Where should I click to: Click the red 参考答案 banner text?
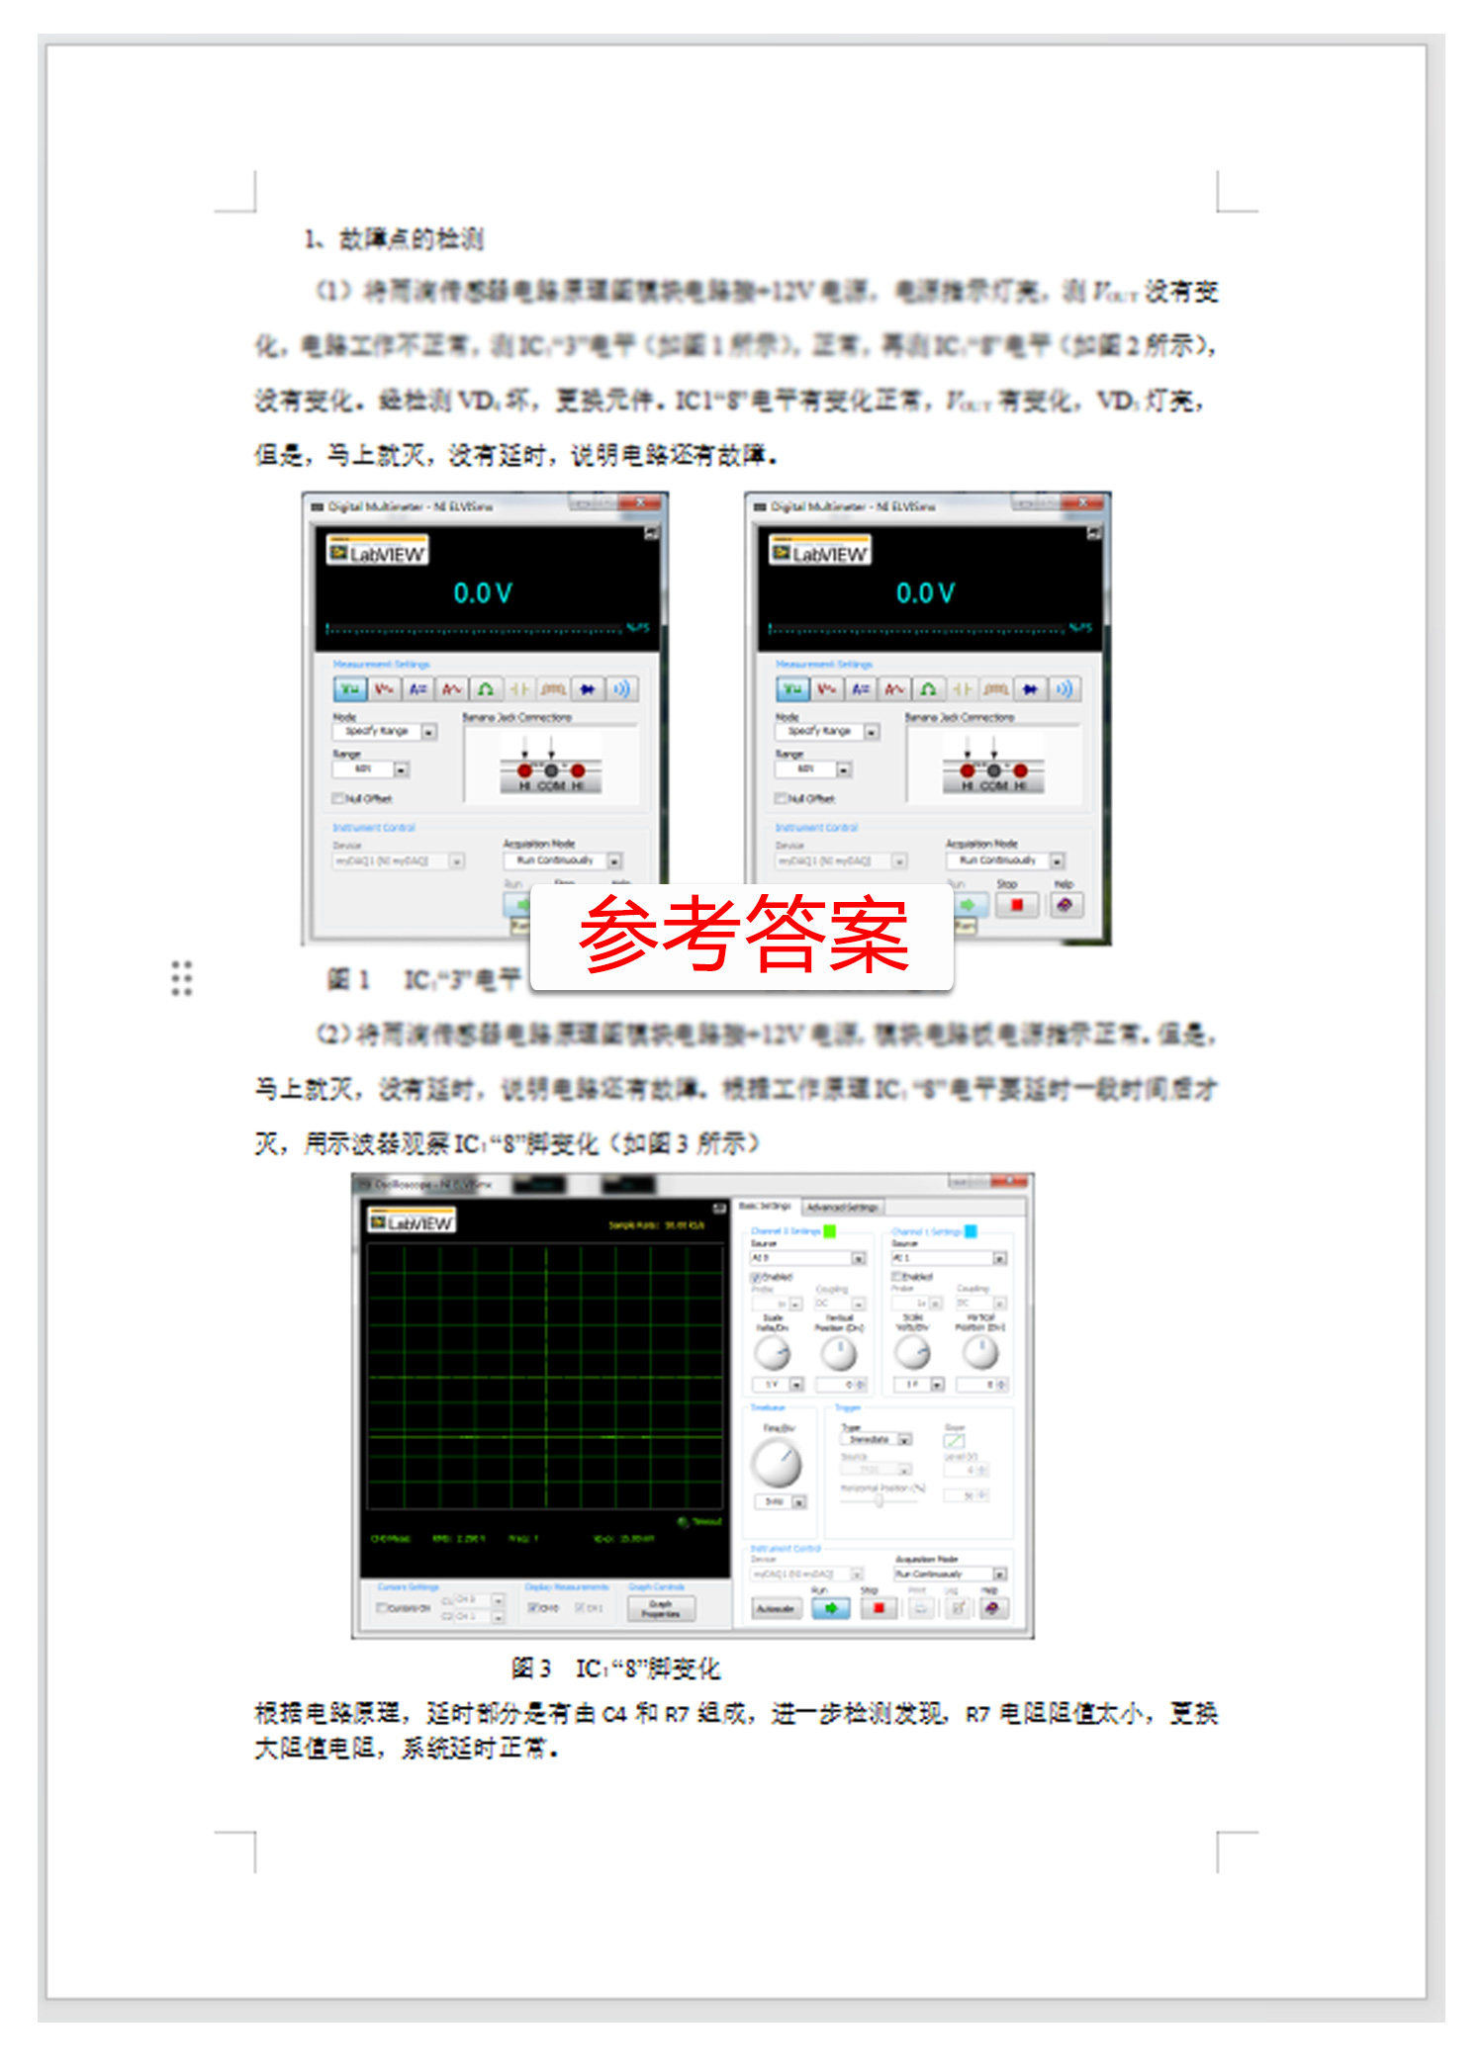[743, 934]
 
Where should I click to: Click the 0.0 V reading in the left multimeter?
[483, 593]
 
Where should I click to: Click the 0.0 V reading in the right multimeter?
[925, 593]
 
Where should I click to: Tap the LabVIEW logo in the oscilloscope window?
[412, 1222]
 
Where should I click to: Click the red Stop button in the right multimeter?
[1016, 905]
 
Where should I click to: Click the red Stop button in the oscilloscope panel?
[877, 1608]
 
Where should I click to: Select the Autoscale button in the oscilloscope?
[775, 1608]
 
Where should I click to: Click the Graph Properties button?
[661, 1608]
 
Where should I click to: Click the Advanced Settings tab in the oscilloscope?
[841, 1208]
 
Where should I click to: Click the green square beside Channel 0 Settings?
[830, 1231]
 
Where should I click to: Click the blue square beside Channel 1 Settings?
[971, 1231]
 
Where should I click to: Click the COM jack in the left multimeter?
[551, 770]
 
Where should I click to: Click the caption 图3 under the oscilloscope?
[530, 1668]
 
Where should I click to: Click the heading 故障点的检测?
[411, 239]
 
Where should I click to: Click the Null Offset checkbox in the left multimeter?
[338, 798]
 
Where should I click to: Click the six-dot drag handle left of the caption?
[181, 977]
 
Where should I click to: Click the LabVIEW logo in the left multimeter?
[377, 552]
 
